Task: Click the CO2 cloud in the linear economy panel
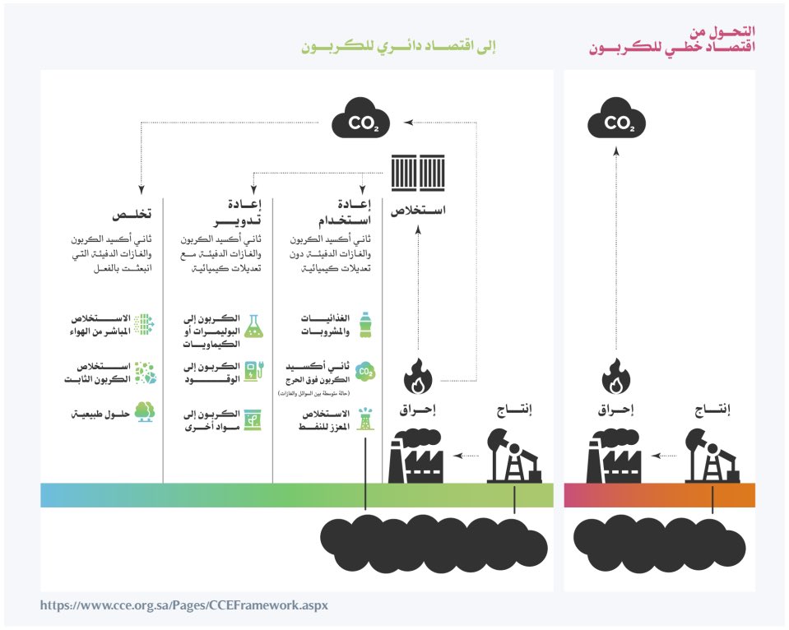[616, 123]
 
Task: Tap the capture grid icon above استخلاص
[411, 174]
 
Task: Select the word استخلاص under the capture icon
[417, 210]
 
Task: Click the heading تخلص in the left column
[135, 213]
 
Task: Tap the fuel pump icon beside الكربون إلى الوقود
[255, 372]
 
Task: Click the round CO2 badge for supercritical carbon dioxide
[365, 372]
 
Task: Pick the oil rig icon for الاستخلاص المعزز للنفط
[365, 419]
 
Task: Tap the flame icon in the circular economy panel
[418, 380]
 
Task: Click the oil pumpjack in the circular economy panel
[514, 456]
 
